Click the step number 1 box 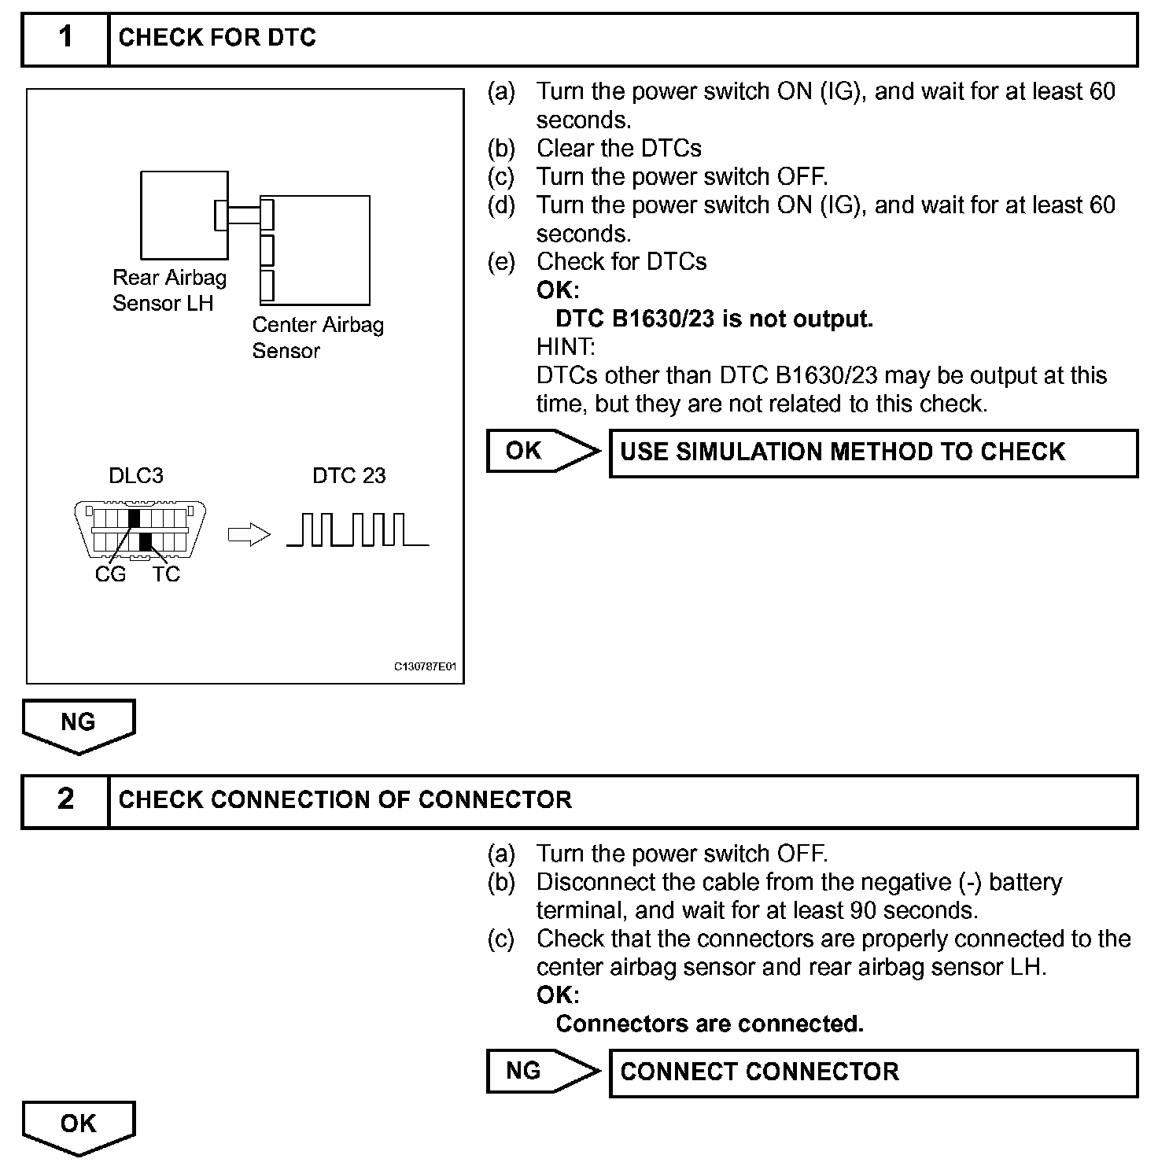(65, 38)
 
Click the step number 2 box (65, 800)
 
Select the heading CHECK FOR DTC (217, 38)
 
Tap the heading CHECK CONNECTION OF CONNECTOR (345, 800)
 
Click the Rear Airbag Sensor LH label (168, 290)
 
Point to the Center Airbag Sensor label (317, 338)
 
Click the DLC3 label (136, 475)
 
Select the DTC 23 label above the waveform (349, 475)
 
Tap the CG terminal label (110, 574)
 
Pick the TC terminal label (166, 574)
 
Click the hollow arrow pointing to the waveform (249, 535)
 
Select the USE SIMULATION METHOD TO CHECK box (873, 452)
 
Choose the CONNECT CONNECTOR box (873, 1072)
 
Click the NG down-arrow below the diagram (78, 725)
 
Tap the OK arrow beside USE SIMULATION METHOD (541, 452)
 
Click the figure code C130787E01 (425, 667)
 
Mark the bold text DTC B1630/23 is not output (714, 319)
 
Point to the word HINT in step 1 (566, 347)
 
